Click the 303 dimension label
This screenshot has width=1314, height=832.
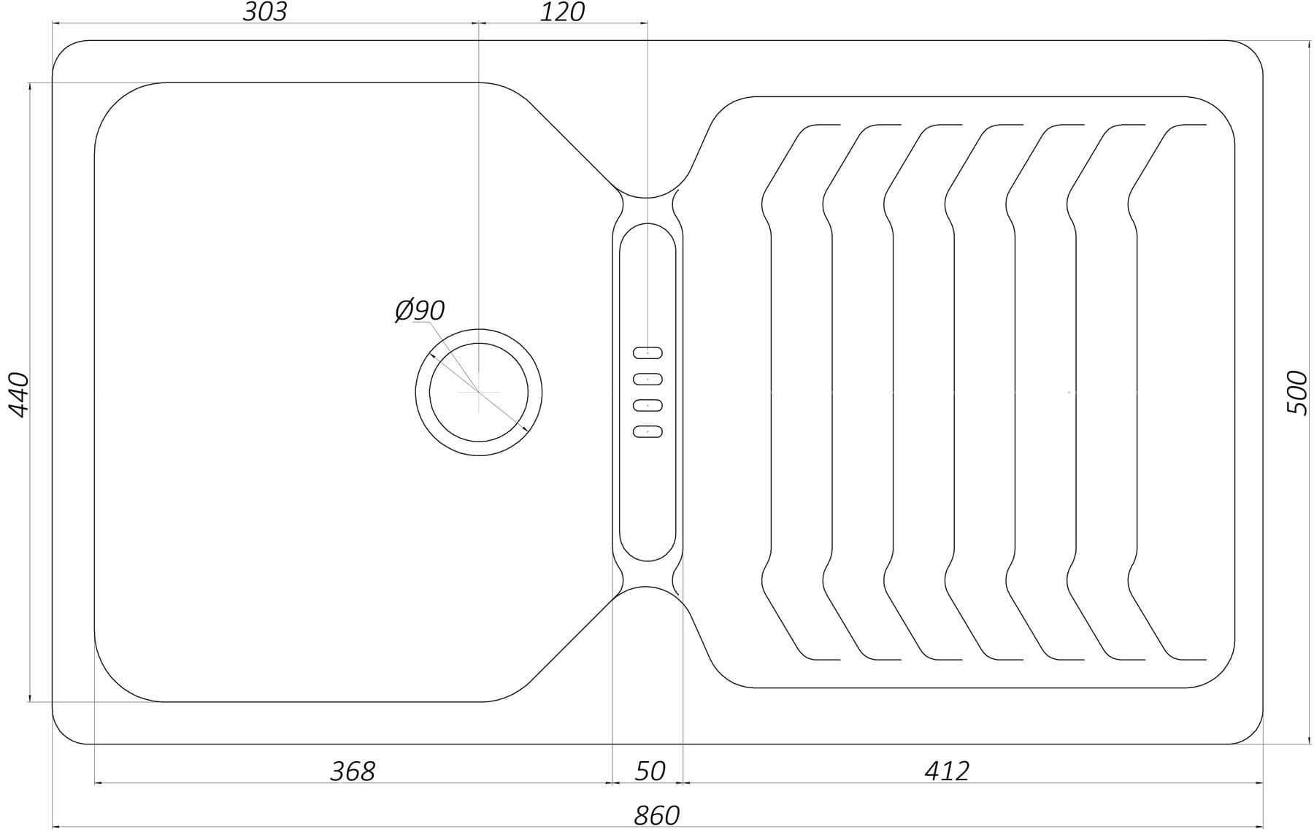[x=265, y=12]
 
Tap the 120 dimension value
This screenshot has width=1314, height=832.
[x=562, y=12]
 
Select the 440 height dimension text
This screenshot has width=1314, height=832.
[x=18, y=394]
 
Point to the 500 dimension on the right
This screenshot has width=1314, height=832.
[x=1297, y=393]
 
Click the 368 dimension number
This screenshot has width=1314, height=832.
[x=353, y=771]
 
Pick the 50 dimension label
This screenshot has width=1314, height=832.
[x=650, y=771]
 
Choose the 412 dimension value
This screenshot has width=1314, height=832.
[x=947, y=771]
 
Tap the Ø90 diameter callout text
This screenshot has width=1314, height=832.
[x=420, y=310]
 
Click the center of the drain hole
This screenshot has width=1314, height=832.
[x=478, y=392]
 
